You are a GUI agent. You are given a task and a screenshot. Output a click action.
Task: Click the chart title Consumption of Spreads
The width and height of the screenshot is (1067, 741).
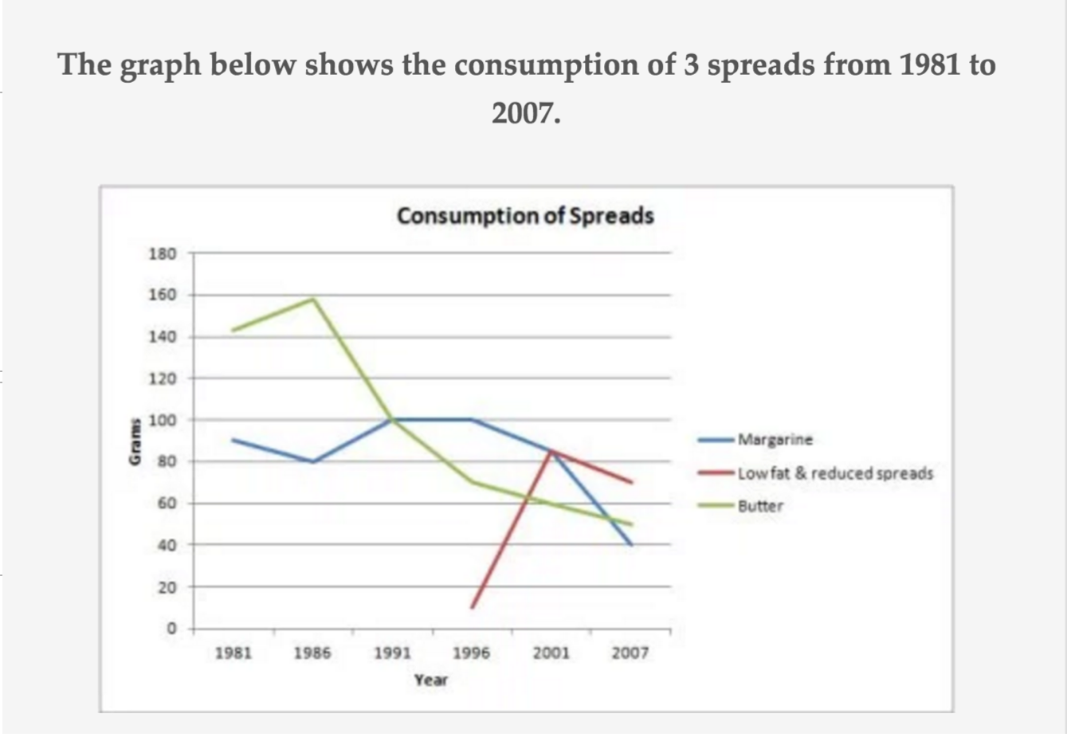pos(525,216)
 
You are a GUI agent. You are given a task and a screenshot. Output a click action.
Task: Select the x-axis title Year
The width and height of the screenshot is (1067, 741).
pos(430,680)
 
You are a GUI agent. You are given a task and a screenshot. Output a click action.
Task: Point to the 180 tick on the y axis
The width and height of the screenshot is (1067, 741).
pos(162,253)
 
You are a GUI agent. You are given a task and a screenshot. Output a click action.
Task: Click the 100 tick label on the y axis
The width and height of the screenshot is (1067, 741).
pos(162,420)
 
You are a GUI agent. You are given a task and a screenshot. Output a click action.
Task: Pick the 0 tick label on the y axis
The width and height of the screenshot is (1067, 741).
pos(170,629)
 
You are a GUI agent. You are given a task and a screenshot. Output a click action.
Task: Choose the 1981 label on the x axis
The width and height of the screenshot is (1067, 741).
pos(233,653)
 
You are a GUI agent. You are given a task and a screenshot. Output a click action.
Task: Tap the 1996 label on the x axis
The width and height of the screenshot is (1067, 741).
pos(471,653)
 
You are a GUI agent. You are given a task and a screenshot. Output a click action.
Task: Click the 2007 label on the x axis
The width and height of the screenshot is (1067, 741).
pos(630,653)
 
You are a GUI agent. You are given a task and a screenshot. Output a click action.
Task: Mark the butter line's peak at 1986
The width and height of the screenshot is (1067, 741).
pos(313,299)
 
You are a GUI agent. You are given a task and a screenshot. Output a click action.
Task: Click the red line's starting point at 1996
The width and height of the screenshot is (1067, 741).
pos(472,608)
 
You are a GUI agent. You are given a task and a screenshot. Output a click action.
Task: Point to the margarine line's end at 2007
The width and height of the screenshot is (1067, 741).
pos(631,545)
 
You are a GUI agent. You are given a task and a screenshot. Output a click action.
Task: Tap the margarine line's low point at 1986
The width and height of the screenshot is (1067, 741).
pos(313,461)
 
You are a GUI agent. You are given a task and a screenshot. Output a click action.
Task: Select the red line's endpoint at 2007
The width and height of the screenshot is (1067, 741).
pos(631,482)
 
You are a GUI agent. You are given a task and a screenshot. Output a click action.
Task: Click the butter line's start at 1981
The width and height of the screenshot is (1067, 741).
pos(233,330)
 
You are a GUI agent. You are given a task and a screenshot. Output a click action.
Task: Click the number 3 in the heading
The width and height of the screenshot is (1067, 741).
pos(690,65)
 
